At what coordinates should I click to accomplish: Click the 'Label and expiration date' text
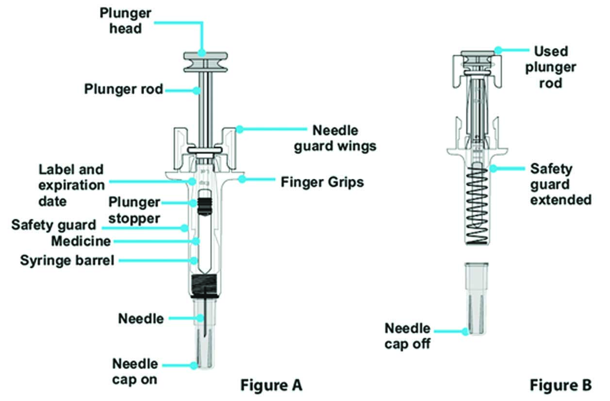(72, 185)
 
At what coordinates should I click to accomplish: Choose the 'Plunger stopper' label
(134, 210)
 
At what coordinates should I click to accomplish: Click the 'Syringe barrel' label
(67, 261)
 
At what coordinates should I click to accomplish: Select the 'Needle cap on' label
(135, 371)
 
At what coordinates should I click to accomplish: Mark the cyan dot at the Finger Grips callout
(241, 179)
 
